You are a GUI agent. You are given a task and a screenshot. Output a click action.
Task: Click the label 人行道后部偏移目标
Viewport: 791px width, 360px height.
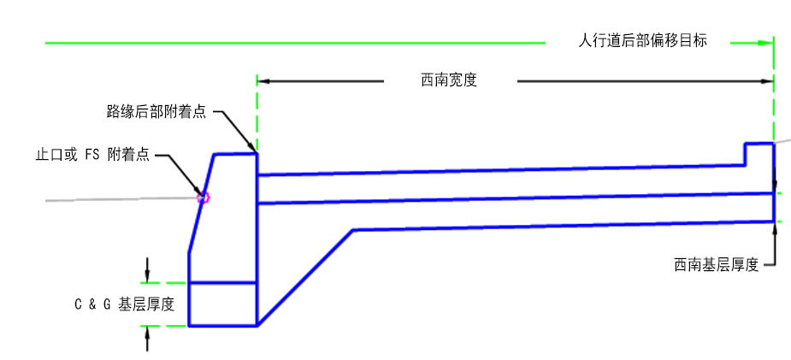point(642,41)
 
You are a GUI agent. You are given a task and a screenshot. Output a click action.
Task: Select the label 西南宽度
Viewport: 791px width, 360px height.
point(449,80)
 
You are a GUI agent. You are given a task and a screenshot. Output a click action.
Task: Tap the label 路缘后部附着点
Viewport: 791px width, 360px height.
point(156,111)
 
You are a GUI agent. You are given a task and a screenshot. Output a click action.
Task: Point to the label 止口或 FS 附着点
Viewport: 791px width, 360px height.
point(93,154)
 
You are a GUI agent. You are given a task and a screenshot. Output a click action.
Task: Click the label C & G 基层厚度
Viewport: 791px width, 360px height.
point(124,304)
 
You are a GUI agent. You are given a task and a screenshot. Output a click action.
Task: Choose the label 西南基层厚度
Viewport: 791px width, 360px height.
point(717,265)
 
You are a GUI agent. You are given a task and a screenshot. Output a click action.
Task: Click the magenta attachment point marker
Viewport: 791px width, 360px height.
point(204,198)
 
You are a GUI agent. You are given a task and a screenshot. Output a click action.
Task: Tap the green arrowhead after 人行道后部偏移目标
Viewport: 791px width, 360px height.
point(766,44)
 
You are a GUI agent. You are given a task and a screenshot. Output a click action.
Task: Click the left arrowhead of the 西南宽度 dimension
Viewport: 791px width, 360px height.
point(263,81)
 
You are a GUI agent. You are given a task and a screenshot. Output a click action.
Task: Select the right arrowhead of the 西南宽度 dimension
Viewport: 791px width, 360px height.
point(767,81)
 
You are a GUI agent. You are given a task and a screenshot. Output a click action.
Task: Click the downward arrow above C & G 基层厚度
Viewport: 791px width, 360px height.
point(147,270)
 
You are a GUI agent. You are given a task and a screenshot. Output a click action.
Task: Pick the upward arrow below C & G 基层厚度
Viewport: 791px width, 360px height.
point(147,339)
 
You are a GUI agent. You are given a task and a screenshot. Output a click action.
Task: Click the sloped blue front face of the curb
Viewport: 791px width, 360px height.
point(202,204)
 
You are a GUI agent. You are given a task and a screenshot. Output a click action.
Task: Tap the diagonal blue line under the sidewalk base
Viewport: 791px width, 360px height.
point(305,278)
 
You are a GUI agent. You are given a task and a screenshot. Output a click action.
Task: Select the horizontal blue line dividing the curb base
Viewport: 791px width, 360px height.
point(222,283)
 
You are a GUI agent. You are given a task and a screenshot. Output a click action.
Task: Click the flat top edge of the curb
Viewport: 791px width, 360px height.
point(235,154)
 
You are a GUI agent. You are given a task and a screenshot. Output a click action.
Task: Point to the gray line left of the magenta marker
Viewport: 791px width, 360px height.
point(121,199)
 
